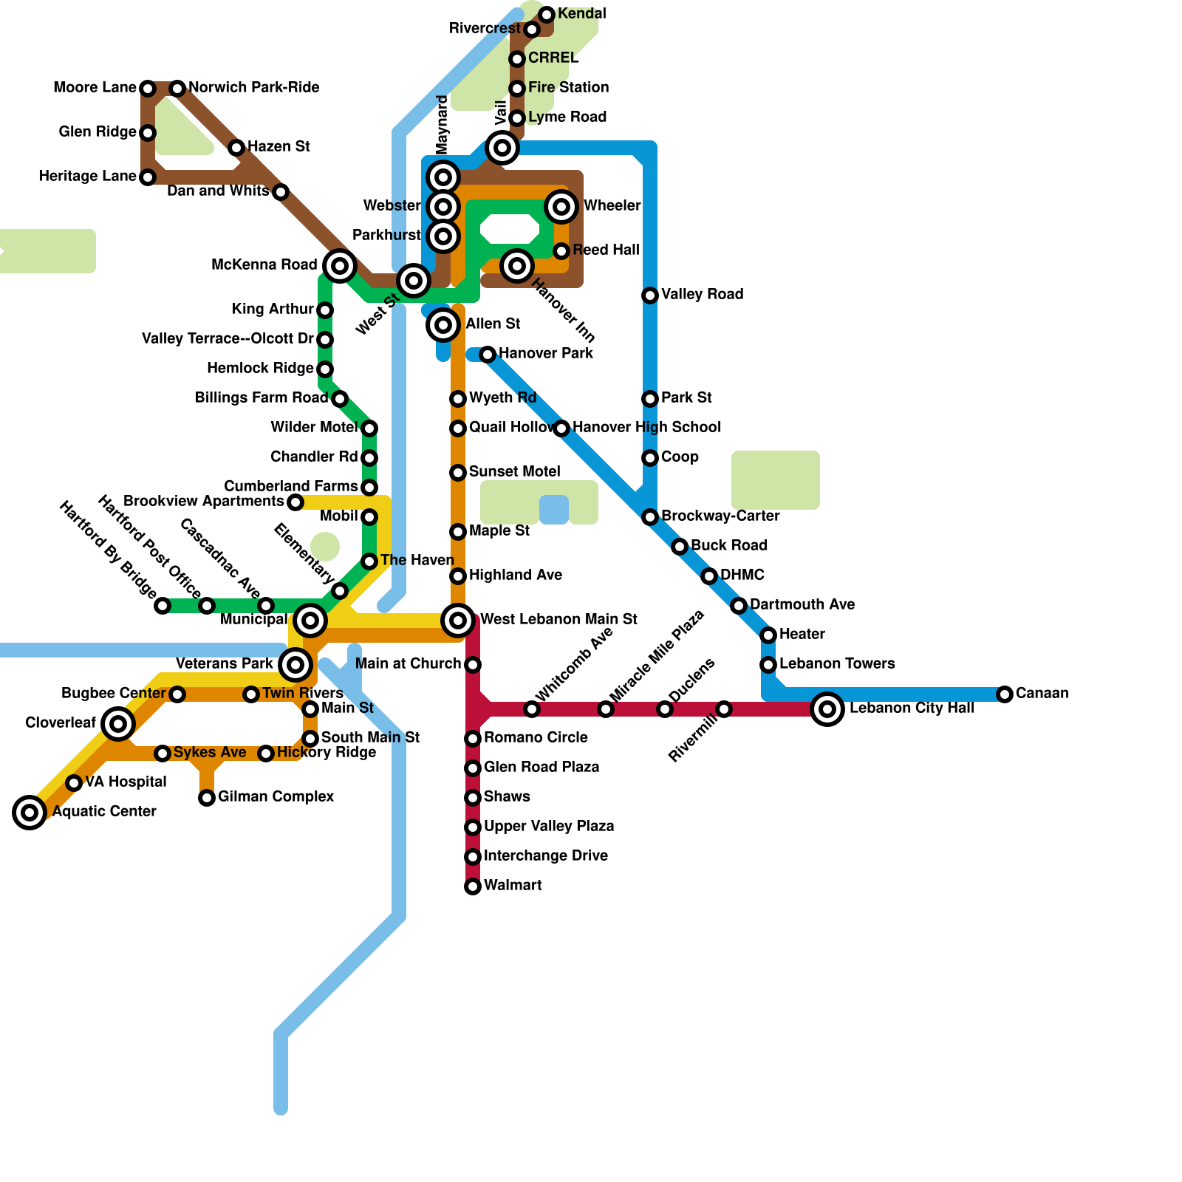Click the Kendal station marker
click(547, 15)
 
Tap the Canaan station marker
click(1005, 694)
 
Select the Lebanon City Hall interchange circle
click(827, 709)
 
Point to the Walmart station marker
click(473, 886)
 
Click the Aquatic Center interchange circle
click(30, 813)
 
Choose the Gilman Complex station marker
click(207, 798)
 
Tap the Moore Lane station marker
click(148, 89)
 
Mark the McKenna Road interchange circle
click(340, 265)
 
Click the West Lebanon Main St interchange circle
click(458, 621)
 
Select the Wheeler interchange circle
click(561, 207)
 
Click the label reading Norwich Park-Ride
click(253, 88)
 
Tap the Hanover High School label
click(646, 428)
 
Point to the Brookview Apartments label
click(203, 502)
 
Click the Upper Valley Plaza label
click(549, 827)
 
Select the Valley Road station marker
click(650, 295)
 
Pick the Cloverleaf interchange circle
click(118, 724)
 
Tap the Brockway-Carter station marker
click(650, 517)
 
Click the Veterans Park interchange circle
click(295, 665)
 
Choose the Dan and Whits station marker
click(281, 192)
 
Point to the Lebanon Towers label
click(837, 664)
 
